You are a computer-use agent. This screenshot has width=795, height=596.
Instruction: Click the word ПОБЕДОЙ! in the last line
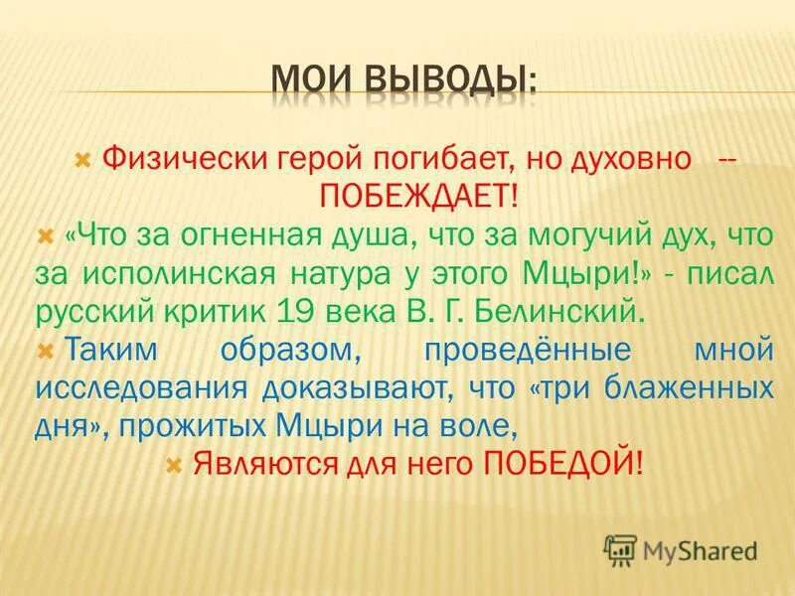point(562,463)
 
